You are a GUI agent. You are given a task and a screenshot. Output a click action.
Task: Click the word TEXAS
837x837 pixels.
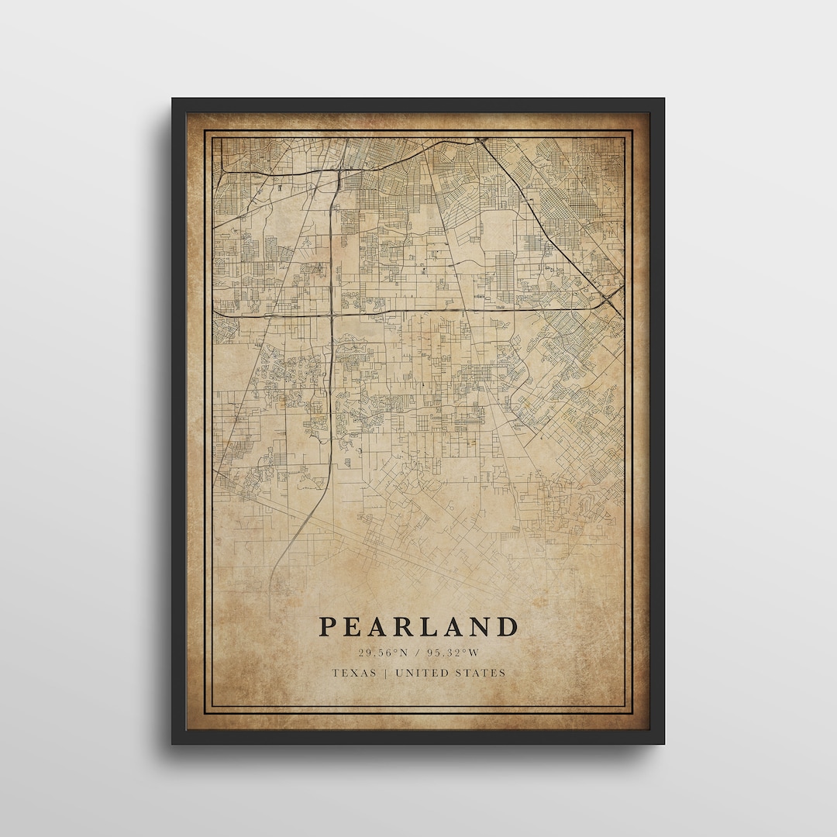[354, 673]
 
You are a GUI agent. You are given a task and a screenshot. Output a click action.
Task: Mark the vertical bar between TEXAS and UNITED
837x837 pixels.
[386, 673]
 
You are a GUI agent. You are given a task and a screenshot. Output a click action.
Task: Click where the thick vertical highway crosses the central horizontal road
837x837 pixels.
[332, 315]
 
